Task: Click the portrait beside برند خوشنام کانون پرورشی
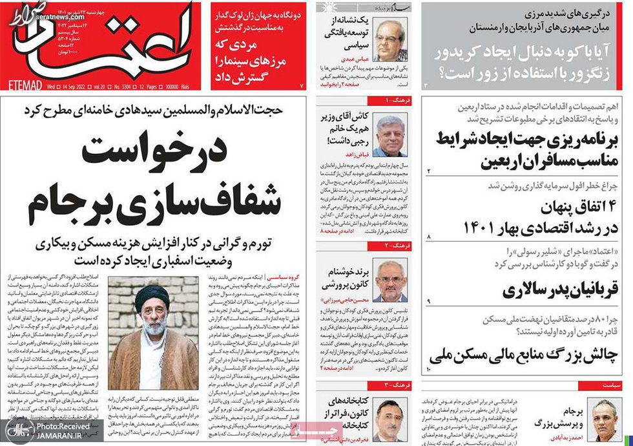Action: (391, 282)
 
